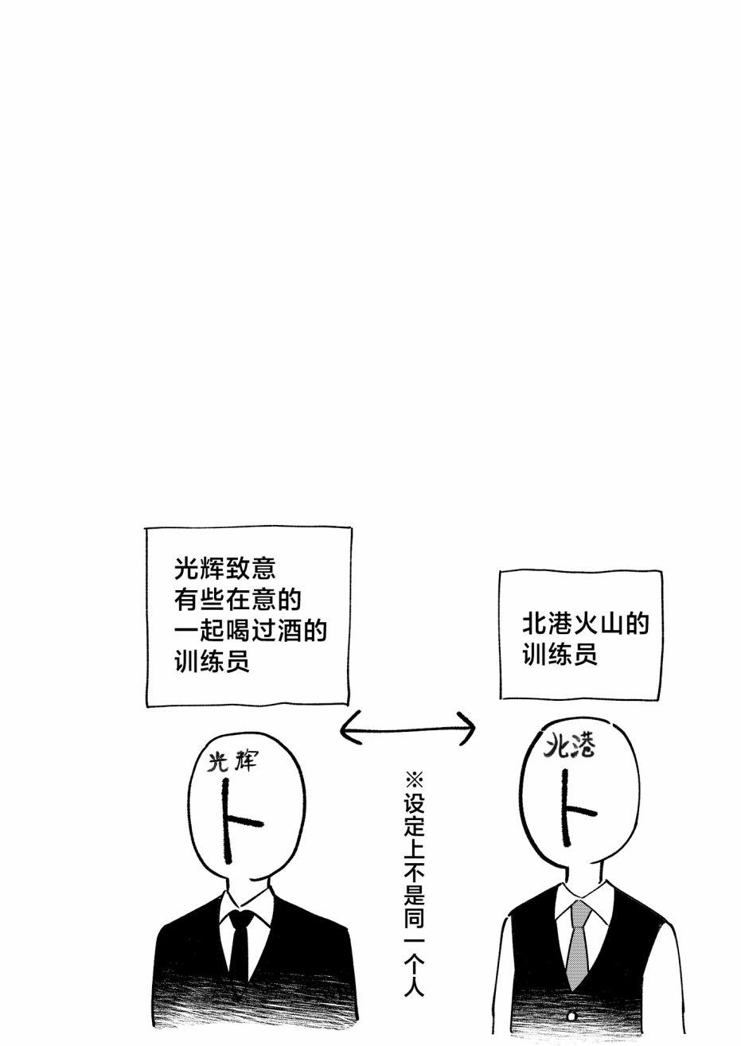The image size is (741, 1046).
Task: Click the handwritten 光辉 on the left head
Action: (232, 762)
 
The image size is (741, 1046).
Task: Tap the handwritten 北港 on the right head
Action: (571, 746)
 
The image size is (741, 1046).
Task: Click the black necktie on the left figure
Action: (240, 951)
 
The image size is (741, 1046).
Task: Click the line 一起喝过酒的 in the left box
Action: (251, 631)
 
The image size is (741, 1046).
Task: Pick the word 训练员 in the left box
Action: (212, 661)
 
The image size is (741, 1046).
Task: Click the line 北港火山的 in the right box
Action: (586, 624)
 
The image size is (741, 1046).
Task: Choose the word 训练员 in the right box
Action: (560, 655)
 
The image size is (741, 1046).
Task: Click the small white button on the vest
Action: (571, 1016)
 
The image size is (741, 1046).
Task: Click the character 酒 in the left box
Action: (289, 631)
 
